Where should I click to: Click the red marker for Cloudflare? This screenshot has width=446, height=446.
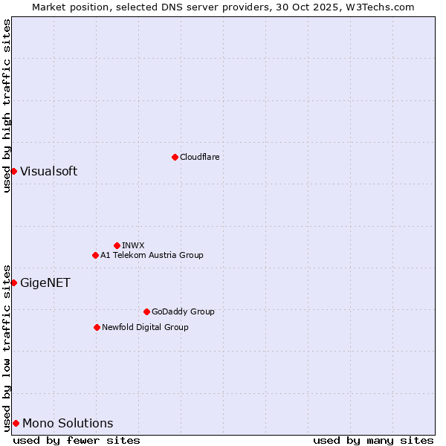175,157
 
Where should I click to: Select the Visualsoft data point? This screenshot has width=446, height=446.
13,172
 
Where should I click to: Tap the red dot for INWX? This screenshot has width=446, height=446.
117,245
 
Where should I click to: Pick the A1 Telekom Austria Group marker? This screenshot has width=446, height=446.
95,255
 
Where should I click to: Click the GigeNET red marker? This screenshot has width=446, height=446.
13,282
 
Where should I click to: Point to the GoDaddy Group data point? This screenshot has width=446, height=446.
146,311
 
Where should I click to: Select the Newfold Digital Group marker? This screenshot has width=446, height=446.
97,327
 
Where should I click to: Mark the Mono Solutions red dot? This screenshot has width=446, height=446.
16,423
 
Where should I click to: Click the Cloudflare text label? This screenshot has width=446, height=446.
200,157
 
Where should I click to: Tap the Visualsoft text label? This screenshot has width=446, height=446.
48,172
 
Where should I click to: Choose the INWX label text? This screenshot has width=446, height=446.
133,245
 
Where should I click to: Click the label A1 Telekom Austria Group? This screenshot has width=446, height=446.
152,255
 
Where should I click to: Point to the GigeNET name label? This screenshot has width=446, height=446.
45,282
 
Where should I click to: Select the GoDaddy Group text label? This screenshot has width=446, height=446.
183,311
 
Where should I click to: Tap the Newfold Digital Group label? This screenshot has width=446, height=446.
145,327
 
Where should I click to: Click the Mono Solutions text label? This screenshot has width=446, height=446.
68,424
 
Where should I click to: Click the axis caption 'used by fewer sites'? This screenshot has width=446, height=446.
77,440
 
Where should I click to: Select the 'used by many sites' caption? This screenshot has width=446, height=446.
373,440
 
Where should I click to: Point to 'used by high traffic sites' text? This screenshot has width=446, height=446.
7,106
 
